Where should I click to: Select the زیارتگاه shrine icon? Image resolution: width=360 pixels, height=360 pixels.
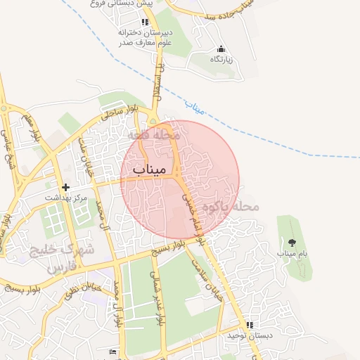221,49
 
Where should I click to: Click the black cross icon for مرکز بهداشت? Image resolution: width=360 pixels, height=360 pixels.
66,188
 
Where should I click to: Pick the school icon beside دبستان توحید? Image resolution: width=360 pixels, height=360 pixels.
249,325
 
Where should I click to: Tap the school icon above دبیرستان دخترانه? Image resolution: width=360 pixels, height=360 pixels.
145,22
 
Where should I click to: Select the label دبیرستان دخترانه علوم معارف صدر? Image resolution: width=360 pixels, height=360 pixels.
145,37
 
